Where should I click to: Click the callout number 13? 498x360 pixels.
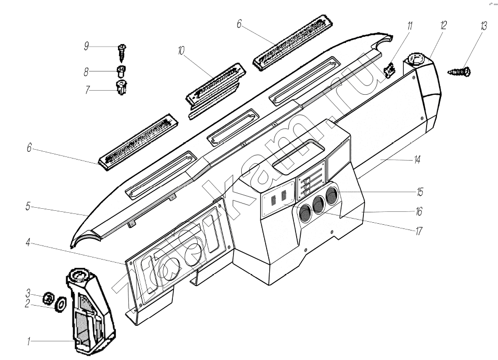tap(484, 26)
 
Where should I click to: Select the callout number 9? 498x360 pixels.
tap(86, 46)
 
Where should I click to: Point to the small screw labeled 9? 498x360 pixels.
tap(122, 51)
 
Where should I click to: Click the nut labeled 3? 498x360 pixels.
tap(47, 297)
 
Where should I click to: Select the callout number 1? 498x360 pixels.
tap(30, 341)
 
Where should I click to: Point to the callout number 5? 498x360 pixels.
tap(28, 207)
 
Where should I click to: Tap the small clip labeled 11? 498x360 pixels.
tap(390, 69)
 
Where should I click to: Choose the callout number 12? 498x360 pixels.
tap(443, 26)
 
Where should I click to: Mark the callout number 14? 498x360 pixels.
tap(417, 160)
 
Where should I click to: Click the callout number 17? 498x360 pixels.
tap(418, 232)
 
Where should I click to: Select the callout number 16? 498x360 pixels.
tap(418, 211)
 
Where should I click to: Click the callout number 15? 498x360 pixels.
tap(419, 192)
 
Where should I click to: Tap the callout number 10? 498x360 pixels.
tap(181, 51)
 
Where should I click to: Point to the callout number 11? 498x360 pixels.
tap(409, 26)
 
